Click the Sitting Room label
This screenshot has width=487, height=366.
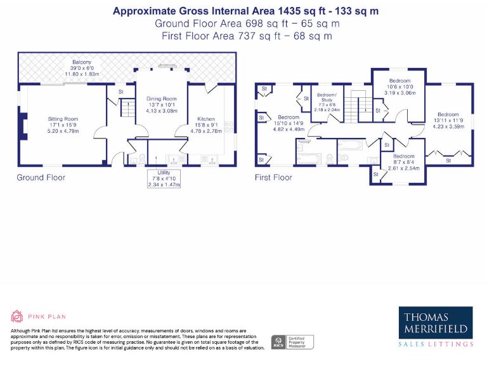coord(63,119)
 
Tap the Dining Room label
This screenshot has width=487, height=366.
coord(162,99)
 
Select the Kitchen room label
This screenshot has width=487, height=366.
coord(206,119)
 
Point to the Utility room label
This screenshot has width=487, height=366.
coord(164,172)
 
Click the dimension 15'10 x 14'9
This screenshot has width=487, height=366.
coord(289,123)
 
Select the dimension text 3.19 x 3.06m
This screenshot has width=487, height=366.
coord(400,93)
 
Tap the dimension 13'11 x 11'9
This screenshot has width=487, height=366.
coord(448,120)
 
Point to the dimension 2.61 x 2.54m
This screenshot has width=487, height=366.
coord(404,168)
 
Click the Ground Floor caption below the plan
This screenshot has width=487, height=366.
coord(41,177)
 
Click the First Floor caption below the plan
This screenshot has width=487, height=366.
coord(273,177)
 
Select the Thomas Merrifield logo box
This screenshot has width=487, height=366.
coord(435,322)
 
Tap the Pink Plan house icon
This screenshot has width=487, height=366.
coord(17,316)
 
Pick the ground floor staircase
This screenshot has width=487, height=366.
coord(129,109)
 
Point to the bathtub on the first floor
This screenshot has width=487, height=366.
coord(310,155)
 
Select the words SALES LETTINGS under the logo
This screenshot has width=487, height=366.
coord(435,344)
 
